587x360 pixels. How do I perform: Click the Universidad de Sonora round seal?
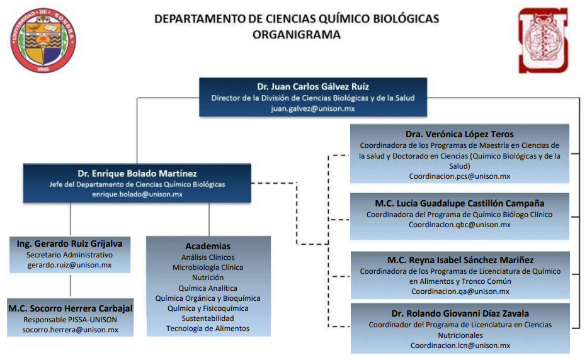coord(43,40)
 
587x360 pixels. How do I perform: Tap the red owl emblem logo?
coord(543,40)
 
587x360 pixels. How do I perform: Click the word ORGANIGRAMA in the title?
coord(297,35)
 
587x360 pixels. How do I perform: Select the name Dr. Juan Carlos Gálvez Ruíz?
coord(313,86)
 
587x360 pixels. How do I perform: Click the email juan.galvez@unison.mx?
coord(313,108)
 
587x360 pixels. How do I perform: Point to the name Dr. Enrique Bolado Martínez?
coord(137,173)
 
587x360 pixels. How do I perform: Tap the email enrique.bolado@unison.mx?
coord(137,194)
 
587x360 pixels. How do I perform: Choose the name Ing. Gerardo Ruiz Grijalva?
coord(70,244)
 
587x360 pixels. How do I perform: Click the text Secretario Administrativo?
coord(70,255)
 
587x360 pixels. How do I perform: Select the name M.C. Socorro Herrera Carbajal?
coord(71,308)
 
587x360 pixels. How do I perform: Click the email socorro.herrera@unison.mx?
coord(71,330)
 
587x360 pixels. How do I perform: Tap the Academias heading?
coord(208,246)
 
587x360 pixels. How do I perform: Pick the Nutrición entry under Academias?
coord(208,278)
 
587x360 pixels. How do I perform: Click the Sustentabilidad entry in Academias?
coord(208,318)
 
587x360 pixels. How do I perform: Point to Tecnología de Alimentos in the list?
coord(208,329)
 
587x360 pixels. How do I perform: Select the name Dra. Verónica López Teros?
coord(460,134)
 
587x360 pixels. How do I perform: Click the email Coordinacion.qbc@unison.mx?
coord(460,225)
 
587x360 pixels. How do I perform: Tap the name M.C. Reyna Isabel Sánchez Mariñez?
coord(460,260)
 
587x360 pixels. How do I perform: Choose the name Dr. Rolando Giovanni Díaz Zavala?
coord(460,313)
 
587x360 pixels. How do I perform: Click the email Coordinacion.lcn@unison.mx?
coord(460,346)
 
